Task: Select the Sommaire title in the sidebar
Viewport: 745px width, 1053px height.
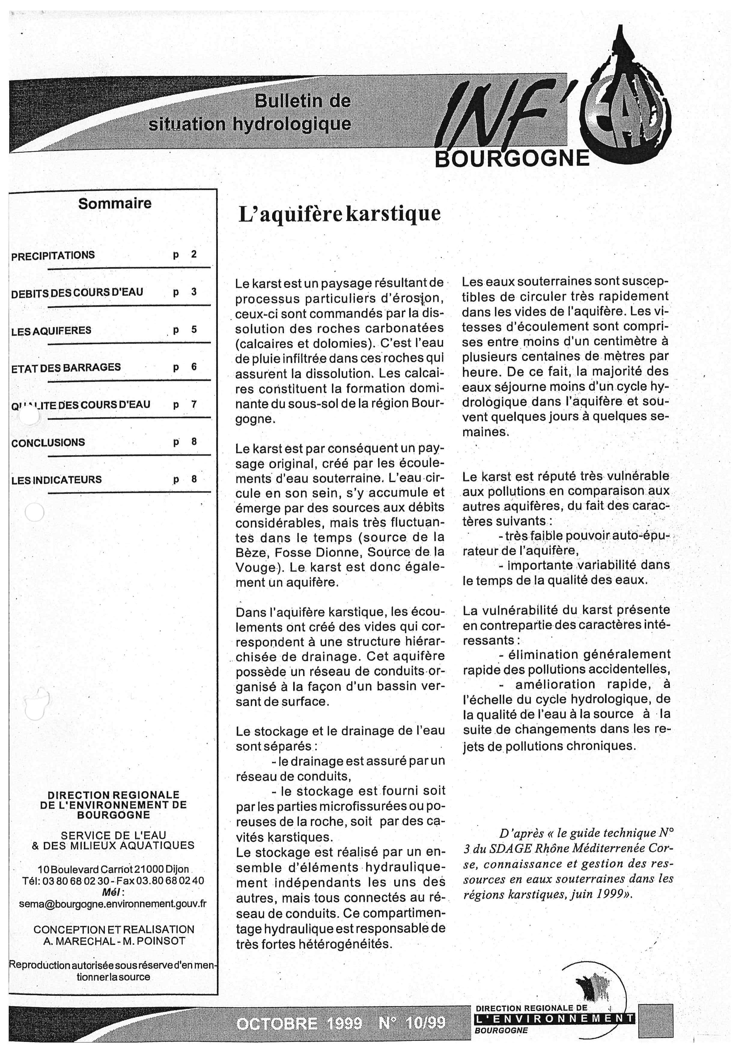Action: [x=115, y=203]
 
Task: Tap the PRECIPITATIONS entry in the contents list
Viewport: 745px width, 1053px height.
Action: [x=53, y=256]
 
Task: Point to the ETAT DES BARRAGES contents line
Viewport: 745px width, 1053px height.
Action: [x=66, y=367]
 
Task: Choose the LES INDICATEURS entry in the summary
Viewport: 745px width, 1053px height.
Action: [x=56, y=480]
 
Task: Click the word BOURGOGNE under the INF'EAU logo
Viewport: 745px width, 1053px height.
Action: [x=512, y=158]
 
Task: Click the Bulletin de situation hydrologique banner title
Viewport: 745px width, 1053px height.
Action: [x=250, y=112]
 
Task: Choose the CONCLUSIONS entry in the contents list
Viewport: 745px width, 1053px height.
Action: [x=48, y=443]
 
